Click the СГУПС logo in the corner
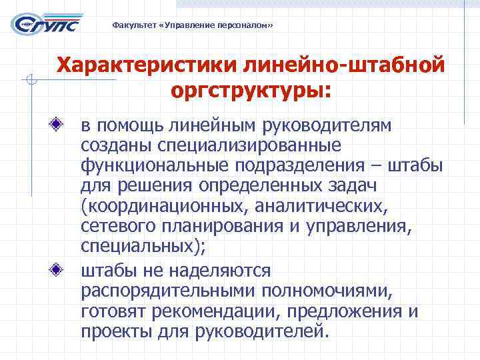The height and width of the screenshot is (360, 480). coord(45,25)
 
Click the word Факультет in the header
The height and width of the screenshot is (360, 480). coord(133,25)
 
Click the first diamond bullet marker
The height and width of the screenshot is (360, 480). coord(61,124)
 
